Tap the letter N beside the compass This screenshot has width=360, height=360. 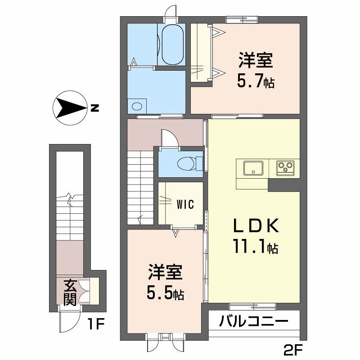coord(94,108)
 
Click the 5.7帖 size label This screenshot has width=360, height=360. coord(255,81)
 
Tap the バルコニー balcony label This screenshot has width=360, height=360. coord(254,322)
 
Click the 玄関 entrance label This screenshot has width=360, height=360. coord(69,292)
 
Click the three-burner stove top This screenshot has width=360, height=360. coord(284,168)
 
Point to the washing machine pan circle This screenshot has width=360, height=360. coord(137,106)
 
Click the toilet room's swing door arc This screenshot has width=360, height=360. coord(170,138)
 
